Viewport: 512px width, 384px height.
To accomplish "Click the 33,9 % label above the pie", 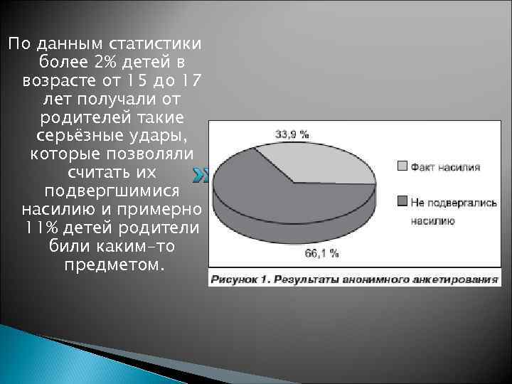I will [292, 133].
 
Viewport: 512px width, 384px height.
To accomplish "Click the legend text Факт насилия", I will [445, 167].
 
